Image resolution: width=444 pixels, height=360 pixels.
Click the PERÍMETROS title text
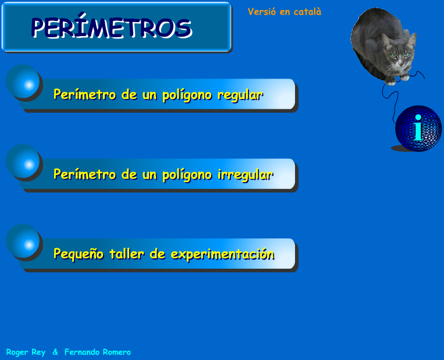click(x=111, y=27)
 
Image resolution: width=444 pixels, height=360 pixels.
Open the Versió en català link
click(x=284, y=12)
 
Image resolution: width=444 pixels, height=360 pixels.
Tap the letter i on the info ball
click(x=418, y=128)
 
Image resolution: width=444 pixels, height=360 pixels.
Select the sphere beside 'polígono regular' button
click(x=24, y=83)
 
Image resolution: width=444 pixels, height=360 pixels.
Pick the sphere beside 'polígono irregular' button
click(x=24, y=163)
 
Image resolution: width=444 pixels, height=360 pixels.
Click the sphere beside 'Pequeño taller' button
click(x=24, y=243)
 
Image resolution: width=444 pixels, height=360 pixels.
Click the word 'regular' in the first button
click(x=240, y=95)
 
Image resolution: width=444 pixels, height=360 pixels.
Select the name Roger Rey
click(x=26, y=352)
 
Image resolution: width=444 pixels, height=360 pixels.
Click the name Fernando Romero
click(x=97, y=352)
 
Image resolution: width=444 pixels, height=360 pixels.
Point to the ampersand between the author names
click(x=55, y=352)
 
